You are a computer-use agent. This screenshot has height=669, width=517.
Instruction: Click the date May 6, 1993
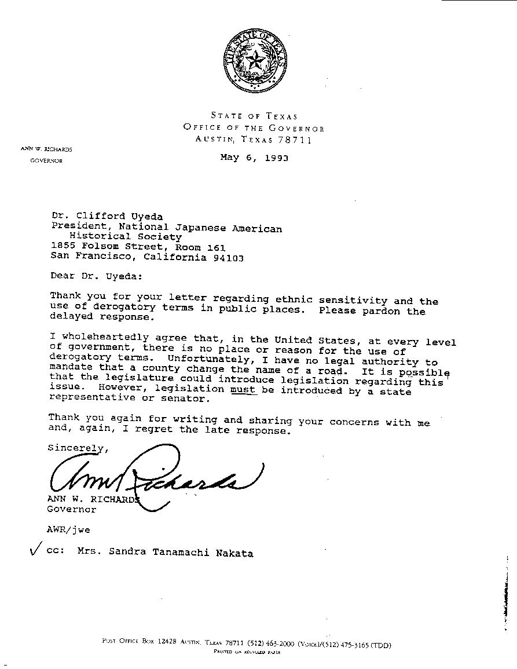[x=254, y=158]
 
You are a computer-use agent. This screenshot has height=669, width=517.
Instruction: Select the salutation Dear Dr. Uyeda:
[x=96, y=276]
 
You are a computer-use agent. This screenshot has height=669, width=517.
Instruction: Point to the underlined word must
[x=243, y=390]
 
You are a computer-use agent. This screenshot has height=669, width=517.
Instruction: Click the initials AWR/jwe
[x=68, y=529]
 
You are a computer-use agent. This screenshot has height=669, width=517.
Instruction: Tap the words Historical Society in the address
[x=126, y=237]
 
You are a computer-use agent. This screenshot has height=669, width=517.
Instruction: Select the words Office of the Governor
[x=254, y=128]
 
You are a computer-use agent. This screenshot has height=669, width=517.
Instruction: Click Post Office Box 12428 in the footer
[x=138, y=642]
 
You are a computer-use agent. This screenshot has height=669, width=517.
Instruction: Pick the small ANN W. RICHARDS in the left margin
[x=47, y=149]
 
